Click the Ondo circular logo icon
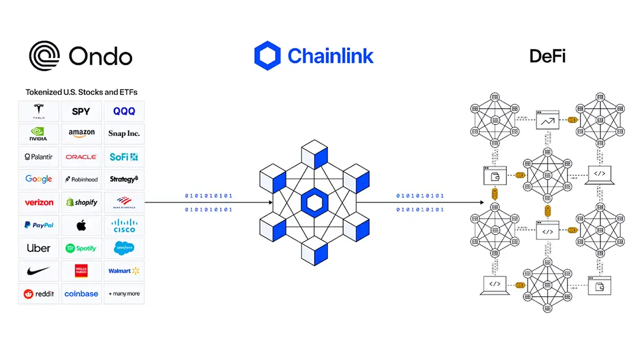coord(45,56)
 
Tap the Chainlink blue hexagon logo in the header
coord(267,56)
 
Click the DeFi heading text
coord(547,56)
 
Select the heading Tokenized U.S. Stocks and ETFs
coord(82,92)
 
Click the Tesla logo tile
coord(39,111)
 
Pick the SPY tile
coord(82,111)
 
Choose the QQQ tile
coord(124,111)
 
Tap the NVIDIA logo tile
coord(39,134)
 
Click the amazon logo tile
coord(82,134)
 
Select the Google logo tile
coord(39,179)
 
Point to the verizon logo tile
coord(39,203)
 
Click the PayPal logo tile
coord(39,225)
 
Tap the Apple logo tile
coord(82,225)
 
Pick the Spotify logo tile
coord(82,248)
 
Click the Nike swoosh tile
coord(39,271)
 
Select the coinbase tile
coord(82,294)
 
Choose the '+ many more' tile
coord(124,294)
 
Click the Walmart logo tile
coord(124,271)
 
